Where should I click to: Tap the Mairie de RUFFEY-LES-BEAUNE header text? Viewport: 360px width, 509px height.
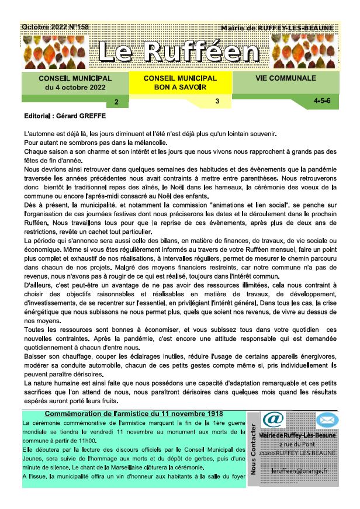278,28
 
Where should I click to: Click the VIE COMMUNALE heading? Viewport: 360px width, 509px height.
285,78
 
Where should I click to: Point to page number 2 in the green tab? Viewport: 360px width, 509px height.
116,102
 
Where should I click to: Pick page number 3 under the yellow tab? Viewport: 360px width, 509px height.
217,101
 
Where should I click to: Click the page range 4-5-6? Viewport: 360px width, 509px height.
322,101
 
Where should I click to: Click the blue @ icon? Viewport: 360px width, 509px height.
272,420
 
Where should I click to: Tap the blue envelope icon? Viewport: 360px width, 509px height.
327,420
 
